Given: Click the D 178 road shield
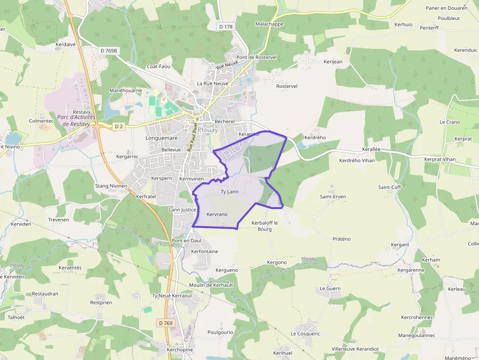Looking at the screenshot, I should (225, 26).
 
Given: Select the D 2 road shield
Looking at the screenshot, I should (118, 126).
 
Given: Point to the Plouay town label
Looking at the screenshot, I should (208, 130).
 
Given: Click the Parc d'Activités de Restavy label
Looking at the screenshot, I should (76, 121).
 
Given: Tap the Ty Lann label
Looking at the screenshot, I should (230, 191).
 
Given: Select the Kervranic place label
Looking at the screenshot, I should (218, 214).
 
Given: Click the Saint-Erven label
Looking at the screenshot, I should (333, 197).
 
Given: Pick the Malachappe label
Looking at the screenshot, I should (269, 24).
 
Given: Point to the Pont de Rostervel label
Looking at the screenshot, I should (257, 57).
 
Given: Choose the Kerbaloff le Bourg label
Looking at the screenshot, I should (264, 226).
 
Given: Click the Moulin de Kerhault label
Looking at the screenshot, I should (211, 285).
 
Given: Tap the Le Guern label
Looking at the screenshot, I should (330, 288).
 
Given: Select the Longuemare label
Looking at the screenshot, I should (161, 138).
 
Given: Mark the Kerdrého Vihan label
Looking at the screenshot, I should (357, 160).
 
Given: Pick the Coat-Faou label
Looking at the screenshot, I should (159, 66).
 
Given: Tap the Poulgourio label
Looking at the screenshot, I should (220, 332).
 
